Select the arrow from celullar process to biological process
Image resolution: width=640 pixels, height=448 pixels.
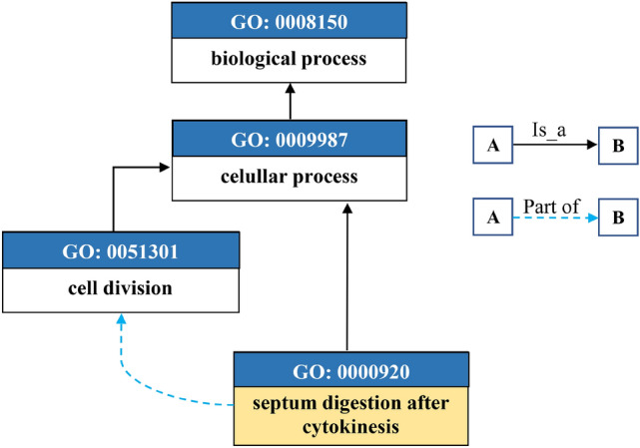coord(289,101)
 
